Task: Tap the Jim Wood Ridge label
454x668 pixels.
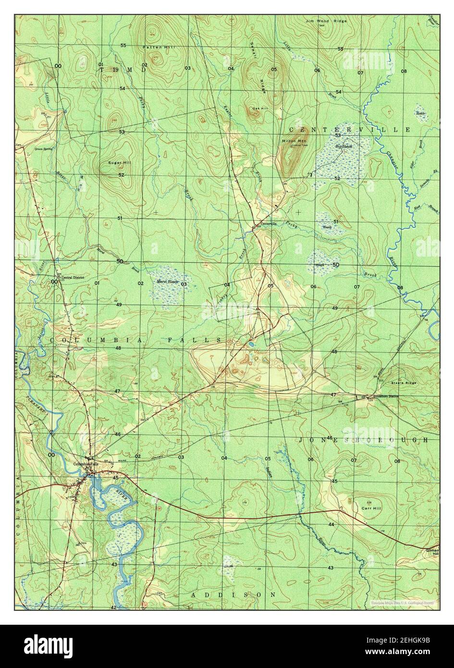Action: [322, 21]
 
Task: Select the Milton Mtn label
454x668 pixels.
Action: [291, 141]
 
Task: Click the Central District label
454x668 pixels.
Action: [71, 277]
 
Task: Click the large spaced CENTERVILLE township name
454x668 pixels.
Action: [349, 130]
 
